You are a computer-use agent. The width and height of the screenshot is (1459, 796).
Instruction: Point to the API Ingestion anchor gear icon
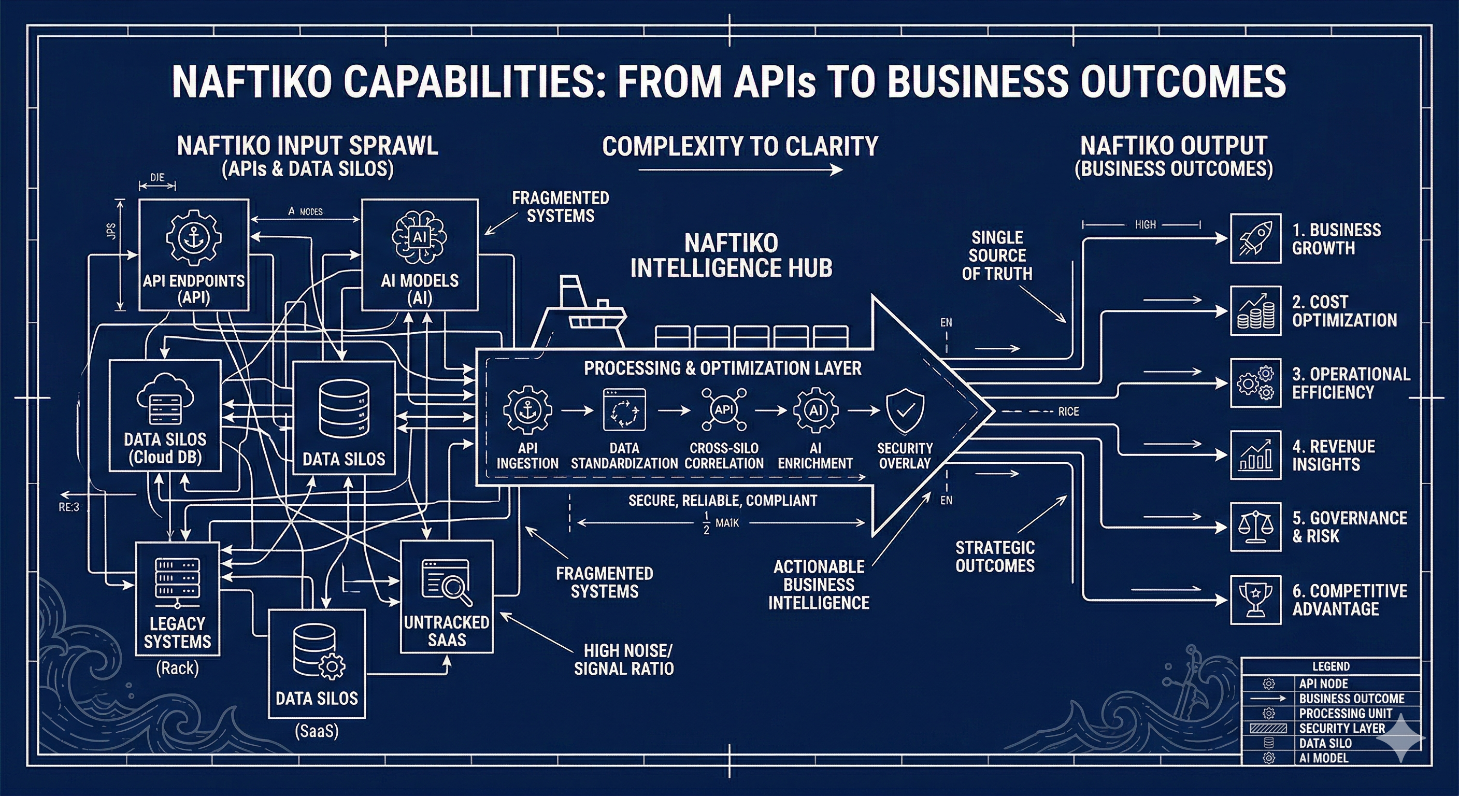(x=527, y=410)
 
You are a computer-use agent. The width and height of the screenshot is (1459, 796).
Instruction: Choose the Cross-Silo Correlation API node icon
(x=724, y=409)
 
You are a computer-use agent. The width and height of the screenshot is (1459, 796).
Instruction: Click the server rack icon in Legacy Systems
(x=177, y=579)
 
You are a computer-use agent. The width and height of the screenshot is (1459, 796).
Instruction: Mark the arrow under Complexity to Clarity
(x=740, y=169)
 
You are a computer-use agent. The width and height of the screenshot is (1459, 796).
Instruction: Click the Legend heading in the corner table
(x=1331, y=666)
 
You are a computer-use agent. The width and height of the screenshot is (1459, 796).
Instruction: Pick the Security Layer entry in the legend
(x=1341, y=728)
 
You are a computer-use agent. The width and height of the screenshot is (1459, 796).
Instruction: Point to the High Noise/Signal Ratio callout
(x=624, y=660)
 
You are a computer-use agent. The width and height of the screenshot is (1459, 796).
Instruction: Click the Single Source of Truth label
(x=997, y=255)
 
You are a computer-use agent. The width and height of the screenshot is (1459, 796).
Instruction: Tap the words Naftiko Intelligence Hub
(x=731, y=255)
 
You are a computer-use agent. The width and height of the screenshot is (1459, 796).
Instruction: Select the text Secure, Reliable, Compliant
(x=723, y=500)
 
